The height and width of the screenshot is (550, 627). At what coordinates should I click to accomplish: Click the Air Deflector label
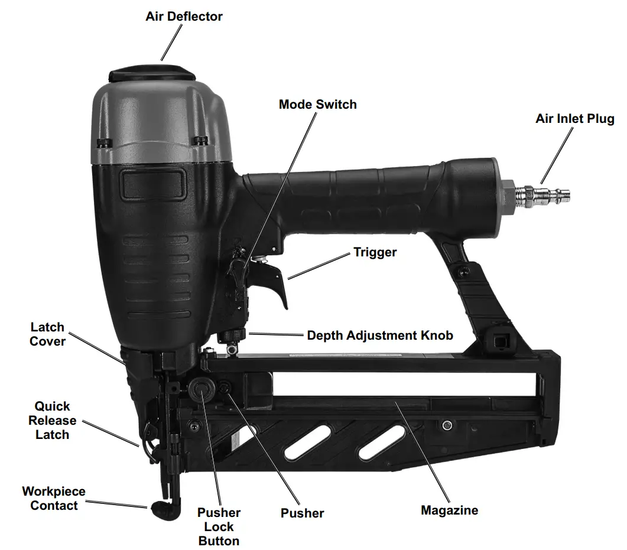(184, 17)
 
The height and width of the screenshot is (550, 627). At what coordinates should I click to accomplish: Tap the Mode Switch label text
(317, 105)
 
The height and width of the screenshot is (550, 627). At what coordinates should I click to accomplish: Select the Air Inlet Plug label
(574, 119)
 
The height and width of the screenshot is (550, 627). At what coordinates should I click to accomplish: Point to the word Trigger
(375, 252)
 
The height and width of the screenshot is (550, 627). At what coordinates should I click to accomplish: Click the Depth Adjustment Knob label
(380, 336)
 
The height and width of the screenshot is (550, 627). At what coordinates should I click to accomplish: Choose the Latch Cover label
(47, 334)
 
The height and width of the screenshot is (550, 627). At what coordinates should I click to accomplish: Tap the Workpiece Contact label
(53, 499)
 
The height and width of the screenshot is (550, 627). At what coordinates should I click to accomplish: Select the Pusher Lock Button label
(219, 527)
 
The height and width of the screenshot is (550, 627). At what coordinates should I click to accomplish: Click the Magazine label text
(449, 510)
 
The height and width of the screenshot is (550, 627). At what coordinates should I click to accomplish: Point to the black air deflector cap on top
(152, 74)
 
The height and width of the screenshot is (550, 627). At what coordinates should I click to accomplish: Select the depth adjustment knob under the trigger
(233, 337)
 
